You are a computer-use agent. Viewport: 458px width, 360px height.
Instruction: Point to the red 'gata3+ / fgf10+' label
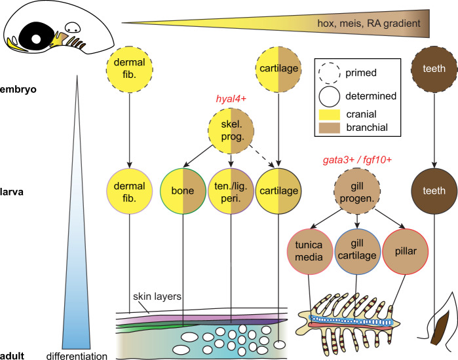[x=357, y=160]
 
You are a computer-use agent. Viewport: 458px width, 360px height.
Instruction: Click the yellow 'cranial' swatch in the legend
[x=331, y=114]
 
